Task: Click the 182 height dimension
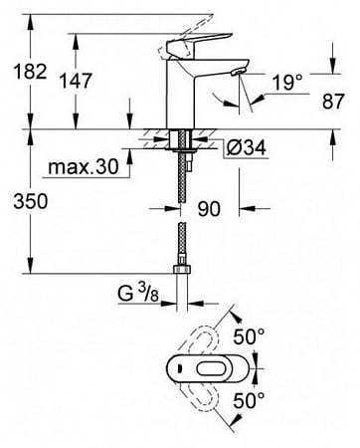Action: tap(30, 72)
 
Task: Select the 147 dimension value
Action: tap(76, 81)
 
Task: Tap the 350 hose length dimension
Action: tap(31, 201)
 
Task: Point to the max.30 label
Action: tap(84, 166)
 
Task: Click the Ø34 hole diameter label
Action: tap(247, 147)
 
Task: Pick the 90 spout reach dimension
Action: tap(209, 209)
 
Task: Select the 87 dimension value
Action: tap(333, 101)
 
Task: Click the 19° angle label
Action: tap(287, 82)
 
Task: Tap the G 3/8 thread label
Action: tap(138, 294)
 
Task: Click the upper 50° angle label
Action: tap(249, 337)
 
